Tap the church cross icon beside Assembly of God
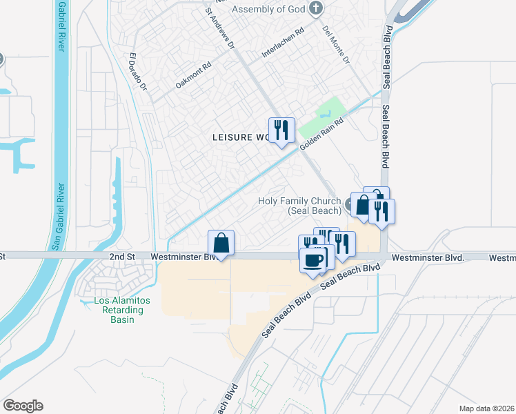tap(316, 9)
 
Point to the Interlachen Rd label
tap(283, 43)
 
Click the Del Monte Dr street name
tap(337, 46)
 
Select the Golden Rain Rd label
tap(321, 134)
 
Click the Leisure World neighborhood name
tap(239, 137)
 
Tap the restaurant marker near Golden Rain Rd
tap(281, 130)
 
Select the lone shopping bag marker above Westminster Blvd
tap(221, 243)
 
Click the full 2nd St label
tap(121, 256)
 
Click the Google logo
tap(23, 406)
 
